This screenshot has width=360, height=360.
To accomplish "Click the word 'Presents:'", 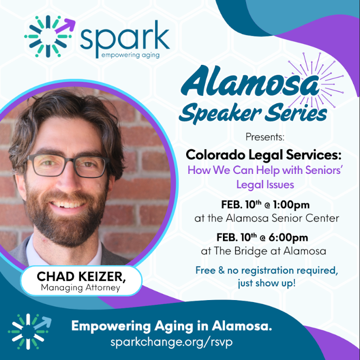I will coord(264,136).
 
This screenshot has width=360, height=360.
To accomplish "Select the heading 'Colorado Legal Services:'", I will coord(264,155).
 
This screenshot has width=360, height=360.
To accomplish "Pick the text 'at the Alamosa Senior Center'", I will coord(267,218).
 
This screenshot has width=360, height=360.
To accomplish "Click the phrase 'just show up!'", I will coord(267,284).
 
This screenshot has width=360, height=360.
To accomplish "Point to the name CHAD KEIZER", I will coord(81,277).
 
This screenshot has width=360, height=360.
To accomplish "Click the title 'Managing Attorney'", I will coord(81,288).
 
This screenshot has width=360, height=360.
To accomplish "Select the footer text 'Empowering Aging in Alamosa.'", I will coord(171,326).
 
